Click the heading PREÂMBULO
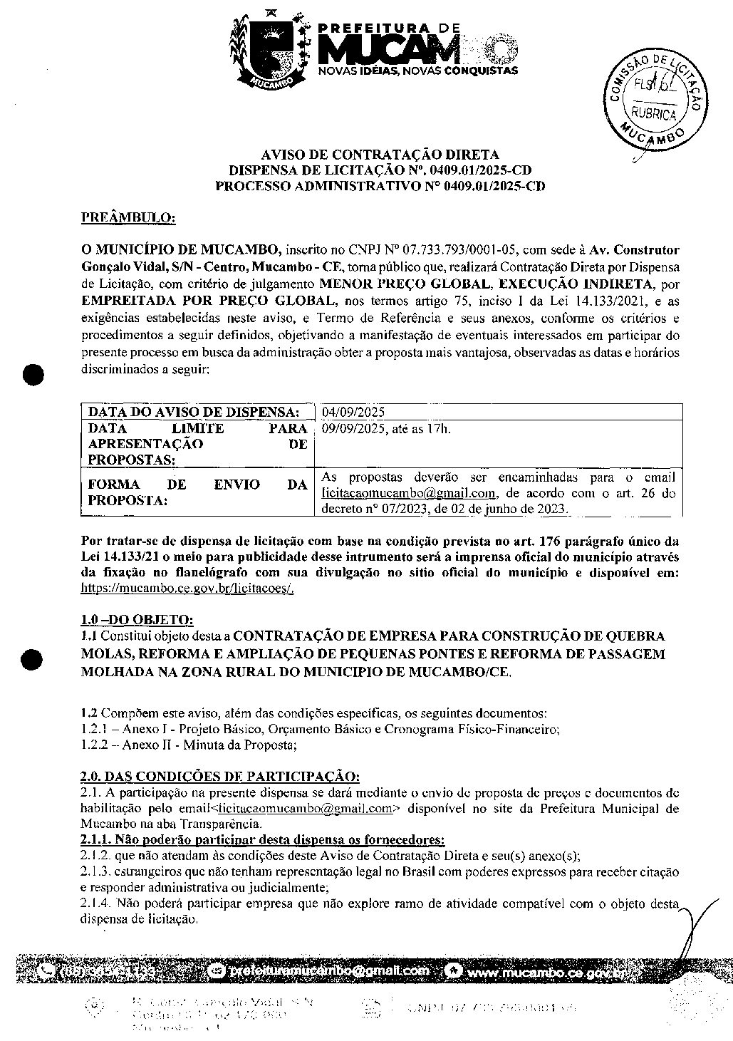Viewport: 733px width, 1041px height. tap(128, 217)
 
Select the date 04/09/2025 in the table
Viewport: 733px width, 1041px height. tap(353, 413)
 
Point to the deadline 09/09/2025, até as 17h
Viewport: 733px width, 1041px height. tap(385, 429)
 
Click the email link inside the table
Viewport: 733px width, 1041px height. tap(408, 493)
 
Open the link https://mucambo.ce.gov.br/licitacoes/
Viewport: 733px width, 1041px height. tap(188, 588)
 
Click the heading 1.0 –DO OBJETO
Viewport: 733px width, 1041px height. tap(137, 619)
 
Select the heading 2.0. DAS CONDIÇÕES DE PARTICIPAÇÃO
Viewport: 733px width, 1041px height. tap(221, 776)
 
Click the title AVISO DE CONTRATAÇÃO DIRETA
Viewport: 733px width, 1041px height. tap(380, 155)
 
